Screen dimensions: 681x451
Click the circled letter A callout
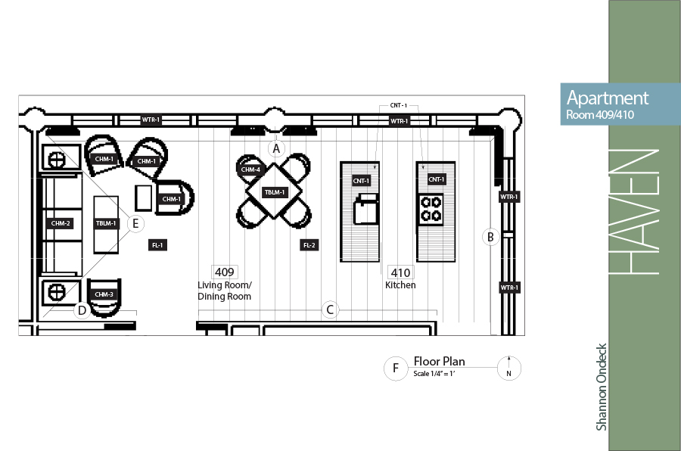point(276,148)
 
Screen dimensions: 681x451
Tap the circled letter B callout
point(491,237)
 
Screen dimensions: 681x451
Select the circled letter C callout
point(330,309)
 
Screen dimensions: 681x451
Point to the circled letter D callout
point(82,310)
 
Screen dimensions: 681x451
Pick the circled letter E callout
point(135,223)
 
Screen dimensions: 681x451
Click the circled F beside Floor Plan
point(396,368)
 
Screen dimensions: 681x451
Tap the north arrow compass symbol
point(508,369)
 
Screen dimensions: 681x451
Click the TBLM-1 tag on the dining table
point(275,192)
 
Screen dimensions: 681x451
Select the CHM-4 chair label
point(250,170)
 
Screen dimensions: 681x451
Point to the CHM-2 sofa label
point(61,223)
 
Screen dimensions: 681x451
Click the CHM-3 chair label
point(104,294)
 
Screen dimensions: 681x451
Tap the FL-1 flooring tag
point(157,245)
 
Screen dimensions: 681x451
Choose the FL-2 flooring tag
point(309,245)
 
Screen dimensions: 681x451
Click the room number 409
point(225,272)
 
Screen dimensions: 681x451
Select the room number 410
point(400,272)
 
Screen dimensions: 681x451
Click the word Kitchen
point(400,285)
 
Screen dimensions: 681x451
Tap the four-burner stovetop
point(431,209)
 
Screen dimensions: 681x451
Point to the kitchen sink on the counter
point(366,210)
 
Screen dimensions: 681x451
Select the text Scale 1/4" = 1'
point(434,374)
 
